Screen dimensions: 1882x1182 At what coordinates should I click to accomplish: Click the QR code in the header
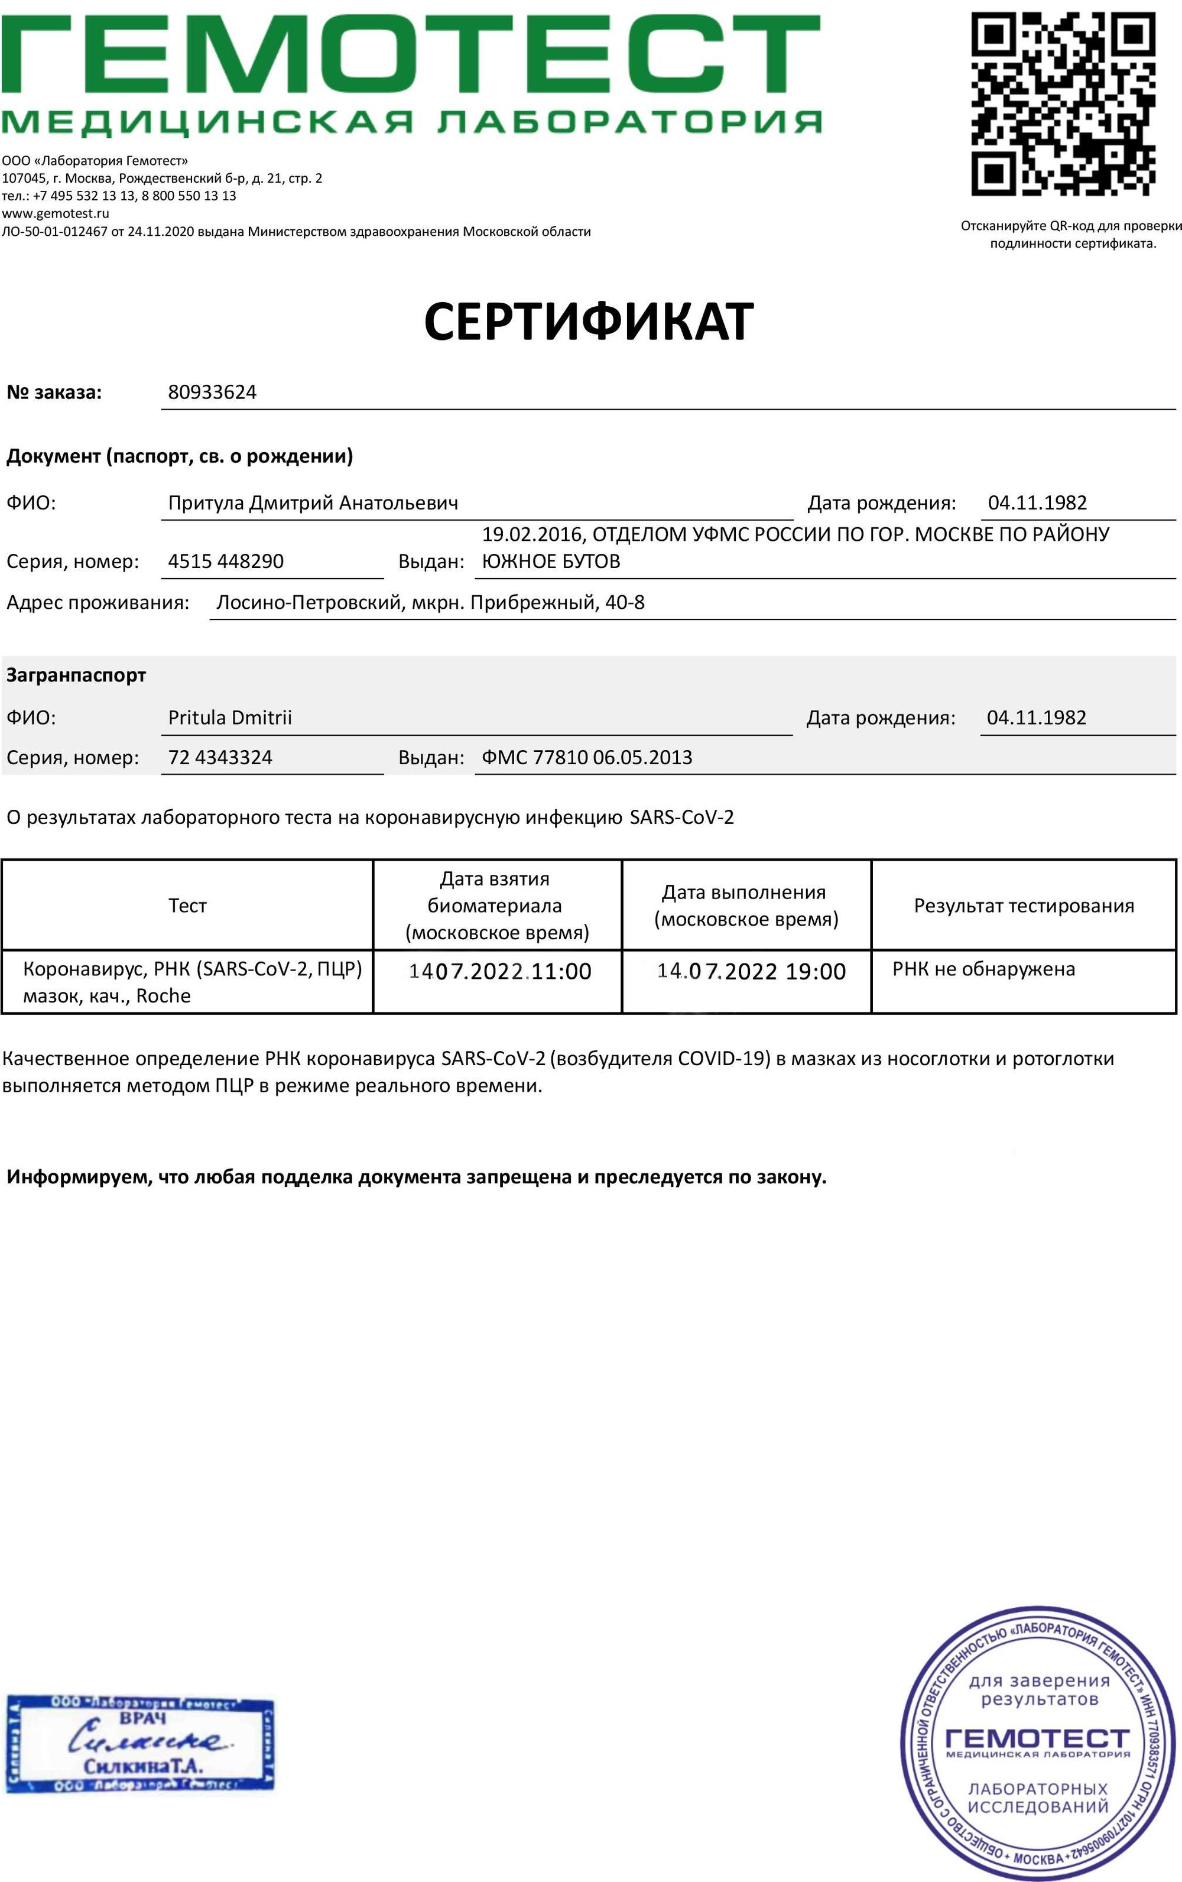(x=1063, y=103)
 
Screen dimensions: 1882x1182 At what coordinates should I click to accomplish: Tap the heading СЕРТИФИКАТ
(x=588, y=321)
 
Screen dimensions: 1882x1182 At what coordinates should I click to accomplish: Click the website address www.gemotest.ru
(x=56, y=213)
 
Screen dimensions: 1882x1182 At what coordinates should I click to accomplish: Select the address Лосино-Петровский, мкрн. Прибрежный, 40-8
(x=430, y=602)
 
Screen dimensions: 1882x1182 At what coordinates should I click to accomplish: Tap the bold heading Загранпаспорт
(x=76, y=675)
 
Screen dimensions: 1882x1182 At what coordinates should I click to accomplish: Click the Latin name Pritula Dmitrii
(x=230, y=718)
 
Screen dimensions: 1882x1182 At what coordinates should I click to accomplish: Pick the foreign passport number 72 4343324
(x=220, y=757)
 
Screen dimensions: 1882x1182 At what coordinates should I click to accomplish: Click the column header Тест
(x=187, y=906)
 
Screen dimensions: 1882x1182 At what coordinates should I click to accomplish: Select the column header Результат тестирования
(x=1024, y=906)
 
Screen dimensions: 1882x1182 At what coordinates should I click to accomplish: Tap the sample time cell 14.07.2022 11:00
(x=500, y=972)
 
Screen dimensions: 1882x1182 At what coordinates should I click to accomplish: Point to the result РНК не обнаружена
(x=983, y=969)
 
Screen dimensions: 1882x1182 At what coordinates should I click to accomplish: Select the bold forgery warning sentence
(x=417, y=1177)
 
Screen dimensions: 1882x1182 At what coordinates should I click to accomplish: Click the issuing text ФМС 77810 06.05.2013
(x=587, y=757)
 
